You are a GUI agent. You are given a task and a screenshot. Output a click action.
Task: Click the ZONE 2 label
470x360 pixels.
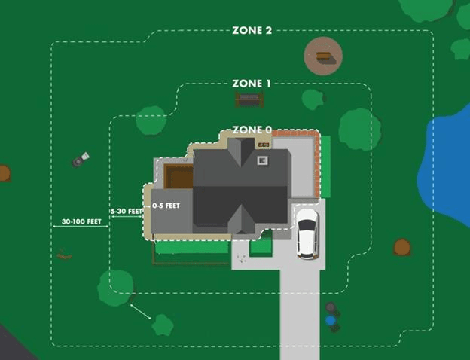252,31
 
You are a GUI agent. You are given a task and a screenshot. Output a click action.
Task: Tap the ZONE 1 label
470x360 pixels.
252,83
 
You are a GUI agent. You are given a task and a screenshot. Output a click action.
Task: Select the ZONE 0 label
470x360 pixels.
252,130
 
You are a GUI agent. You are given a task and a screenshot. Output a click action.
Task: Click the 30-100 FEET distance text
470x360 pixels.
81,222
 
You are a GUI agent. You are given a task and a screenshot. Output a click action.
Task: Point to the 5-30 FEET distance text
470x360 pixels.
126,212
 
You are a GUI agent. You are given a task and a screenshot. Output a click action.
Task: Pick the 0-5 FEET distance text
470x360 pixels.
166,205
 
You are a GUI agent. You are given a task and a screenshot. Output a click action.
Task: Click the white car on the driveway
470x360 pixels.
307,233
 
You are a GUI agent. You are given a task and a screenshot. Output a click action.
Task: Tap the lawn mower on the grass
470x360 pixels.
80,160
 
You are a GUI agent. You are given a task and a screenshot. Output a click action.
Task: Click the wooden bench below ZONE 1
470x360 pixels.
249,99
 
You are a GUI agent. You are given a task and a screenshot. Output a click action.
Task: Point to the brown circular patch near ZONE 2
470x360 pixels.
323,56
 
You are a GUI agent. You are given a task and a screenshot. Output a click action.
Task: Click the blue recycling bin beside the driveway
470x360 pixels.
331,321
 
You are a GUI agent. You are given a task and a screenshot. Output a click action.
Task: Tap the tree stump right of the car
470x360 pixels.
402,247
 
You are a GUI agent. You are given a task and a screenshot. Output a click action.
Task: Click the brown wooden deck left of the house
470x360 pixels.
179,176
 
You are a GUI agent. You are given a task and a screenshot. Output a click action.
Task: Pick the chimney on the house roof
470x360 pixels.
262,160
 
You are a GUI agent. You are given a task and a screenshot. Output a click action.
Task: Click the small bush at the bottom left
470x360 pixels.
162,325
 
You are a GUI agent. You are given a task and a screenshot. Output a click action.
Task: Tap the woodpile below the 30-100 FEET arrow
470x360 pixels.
65,255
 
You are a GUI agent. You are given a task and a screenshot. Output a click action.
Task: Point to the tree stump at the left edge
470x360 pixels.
4,173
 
